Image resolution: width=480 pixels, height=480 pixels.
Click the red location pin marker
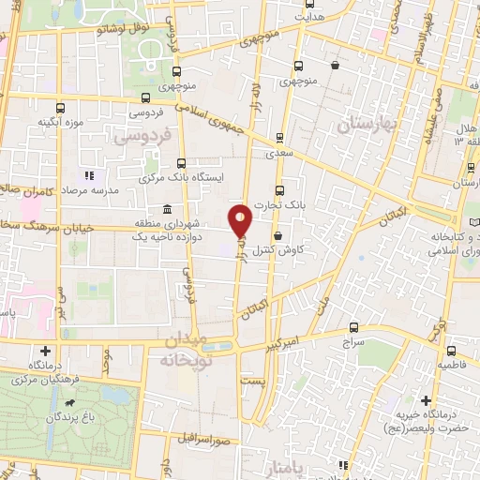tap(241, 220)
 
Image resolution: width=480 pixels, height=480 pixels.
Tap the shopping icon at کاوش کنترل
tap(277, 236)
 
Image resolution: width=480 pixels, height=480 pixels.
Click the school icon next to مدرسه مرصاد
tap(89, 175)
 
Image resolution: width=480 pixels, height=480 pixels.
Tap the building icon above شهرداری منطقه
tap(167, 208)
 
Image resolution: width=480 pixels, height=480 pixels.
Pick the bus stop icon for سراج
tap(353, 327)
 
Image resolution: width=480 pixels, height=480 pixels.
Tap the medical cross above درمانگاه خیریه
tap(427, 400)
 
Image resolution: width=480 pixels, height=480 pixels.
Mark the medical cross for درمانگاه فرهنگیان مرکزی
tap(28, 349)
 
